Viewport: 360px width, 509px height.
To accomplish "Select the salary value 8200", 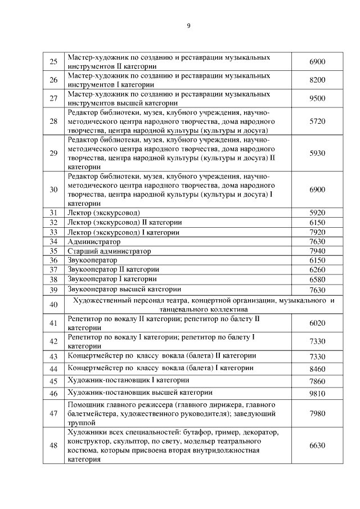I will point(317,80).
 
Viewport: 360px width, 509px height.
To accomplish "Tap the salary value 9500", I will point(317,98).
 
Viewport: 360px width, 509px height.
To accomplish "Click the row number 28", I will point(54,121).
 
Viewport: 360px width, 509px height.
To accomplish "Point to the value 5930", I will point(317,153).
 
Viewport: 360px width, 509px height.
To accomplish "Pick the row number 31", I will point(54,213).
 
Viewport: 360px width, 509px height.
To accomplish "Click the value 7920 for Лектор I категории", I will point(317,232).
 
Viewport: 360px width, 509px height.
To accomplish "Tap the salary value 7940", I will point(317,251).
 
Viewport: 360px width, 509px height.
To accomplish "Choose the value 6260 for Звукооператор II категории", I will point(317,270).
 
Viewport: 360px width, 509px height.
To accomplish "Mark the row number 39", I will point(54,290).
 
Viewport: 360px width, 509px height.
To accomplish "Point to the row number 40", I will point(54,304).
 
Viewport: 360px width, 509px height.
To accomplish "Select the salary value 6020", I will point(317,323).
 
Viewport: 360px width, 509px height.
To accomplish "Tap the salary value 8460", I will point(317,369).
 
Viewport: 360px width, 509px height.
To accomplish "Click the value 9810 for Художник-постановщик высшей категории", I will point(317,394).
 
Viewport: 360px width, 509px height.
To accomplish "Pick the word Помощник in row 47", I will point(84,405).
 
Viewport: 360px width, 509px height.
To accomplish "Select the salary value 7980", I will point(317,414).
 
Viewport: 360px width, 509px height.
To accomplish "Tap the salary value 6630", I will point(317,445).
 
